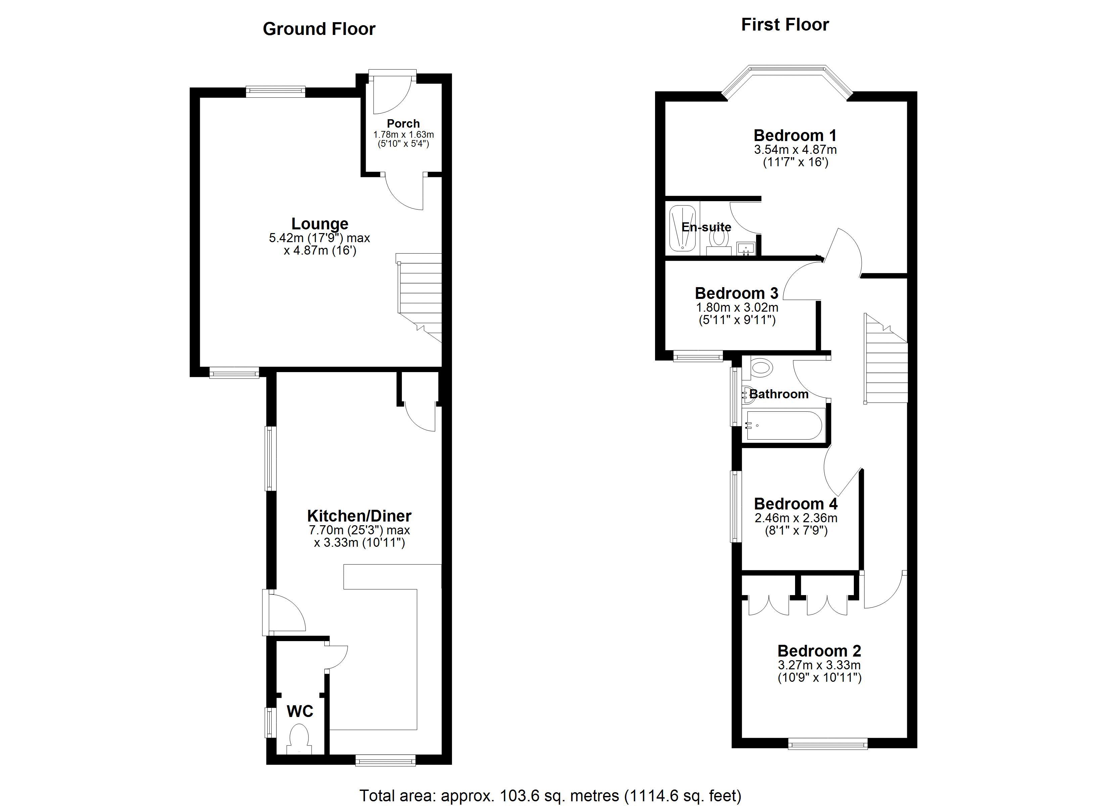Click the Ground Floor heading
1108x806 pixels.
click(319, 29)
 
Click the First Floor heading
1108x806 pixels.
click(785, 25)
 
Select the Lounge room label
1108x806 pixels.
click(320, 224)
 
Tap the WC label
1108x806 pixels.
click(300, 711)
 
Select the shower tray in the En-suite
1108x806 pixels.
click(683, 228)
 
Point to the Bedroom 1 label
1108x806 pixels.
click(795, 135)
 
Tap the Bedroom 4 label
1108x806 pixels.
click(796, 504)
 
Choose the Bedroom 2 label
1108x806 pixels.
click(819, 651)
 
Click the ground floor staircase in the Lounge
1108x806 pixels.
click(419, 297)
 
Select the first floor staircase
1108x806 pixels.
click(886, 358)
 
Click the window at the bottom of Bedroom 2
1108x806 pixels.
click(828, 745)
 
